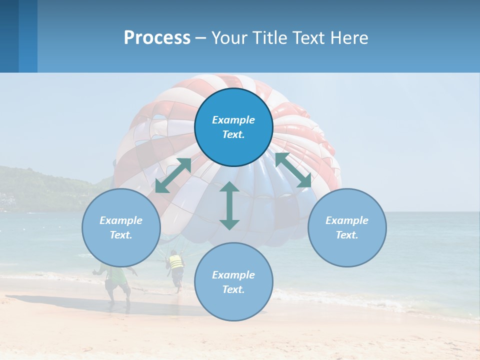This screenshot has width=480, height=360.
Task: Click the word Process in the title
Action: point(157,38)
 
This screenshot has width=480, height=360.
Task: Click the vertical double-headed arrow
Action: point(229,205)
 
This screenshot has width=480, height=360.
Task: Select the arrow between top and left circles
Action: point(173,175)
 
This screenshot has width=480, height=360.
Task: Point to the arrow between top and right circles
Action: point(293,170)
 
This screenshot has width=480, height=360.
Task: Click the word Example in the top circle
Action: point(233,120)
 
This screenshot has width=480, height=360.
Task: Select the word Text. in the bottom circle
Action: point(233,289)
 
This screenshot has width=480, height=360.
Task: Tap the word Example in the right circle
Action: point(347,220)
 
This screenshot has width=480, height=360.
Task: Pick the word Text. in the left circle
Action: point(121,235)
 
